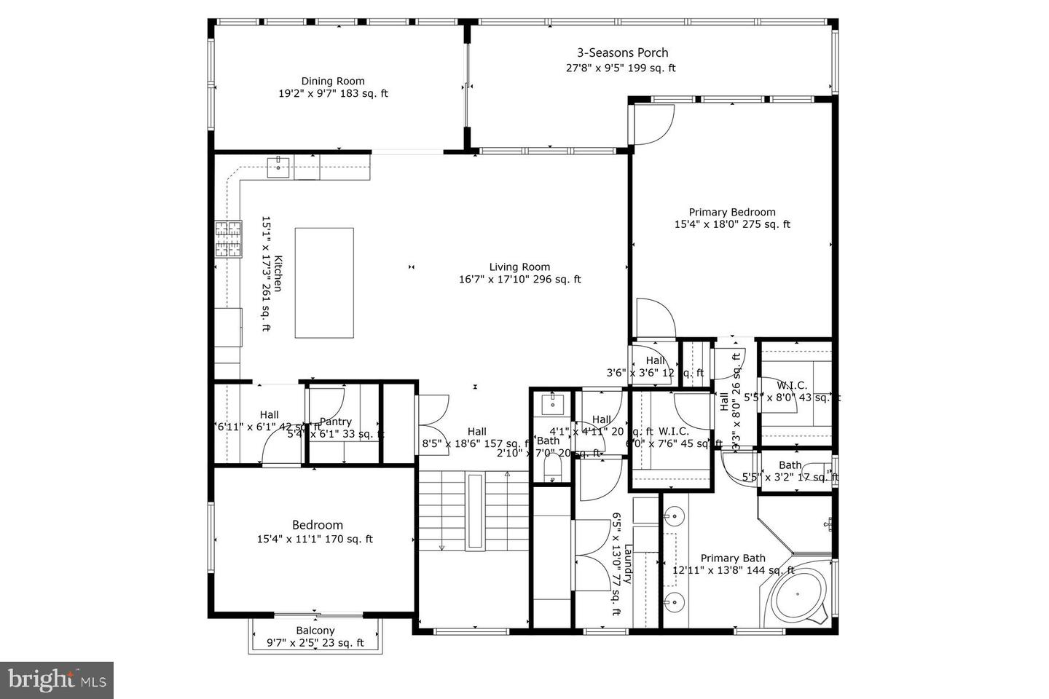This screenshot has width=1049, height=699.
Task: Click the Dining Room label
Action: (333, 81)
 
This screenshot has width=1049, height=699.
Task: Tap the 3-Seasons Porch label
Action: (622, 52)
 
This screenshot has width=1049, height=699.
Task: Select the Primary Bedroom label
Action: (732, 212)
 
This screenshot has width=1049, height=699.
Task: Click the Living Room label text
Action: (519, 266)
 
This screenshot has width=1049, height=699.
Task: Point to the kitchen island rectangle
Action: (324, 283)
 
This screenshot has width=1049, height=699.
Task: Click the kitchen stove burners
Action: (227, 240)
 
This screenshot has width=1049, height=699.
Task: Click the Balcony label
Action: (315, 631)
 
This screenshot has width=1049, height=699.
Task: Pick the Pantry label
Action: (336, 422)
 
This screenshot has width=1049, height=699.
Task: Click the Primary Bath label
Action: (733, 558)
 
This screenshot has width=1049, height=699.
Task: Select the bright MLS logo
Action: (56, 680)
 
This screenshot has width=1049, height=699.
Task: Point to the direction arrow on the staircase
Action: (441, 547)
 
